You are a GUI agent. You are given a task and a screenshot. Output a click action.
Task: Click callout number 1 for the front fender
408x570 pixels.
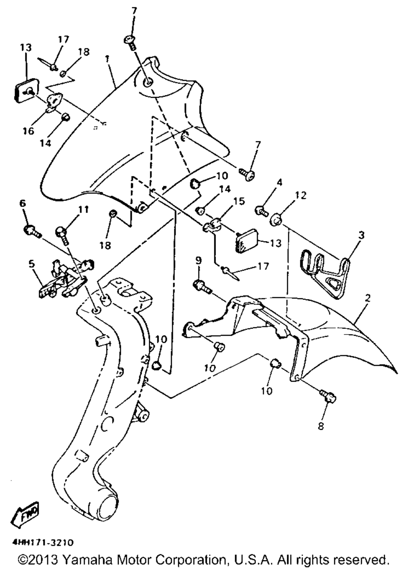106,58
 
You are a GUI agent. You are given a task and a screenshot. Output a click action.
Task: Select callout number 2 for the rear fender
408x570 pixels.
368,298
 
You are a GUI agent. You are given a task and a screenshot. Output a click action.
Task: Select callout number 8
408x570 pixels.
321,427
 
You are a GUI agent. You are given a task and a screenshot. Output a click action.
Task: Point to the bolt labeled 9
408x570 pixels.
202,286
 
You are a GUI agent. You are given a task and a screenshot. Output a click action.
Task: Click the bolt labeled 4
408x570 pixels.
260,211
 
